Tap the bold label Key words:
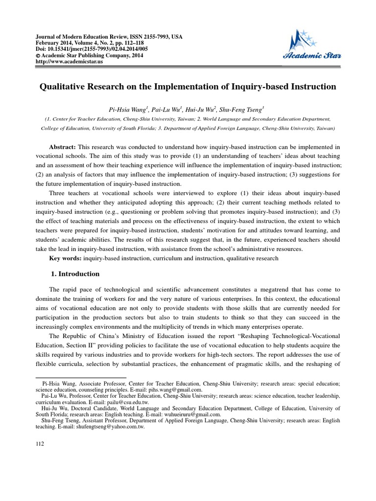[66, 258]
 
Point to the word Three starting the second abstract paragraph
[57, 193]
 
